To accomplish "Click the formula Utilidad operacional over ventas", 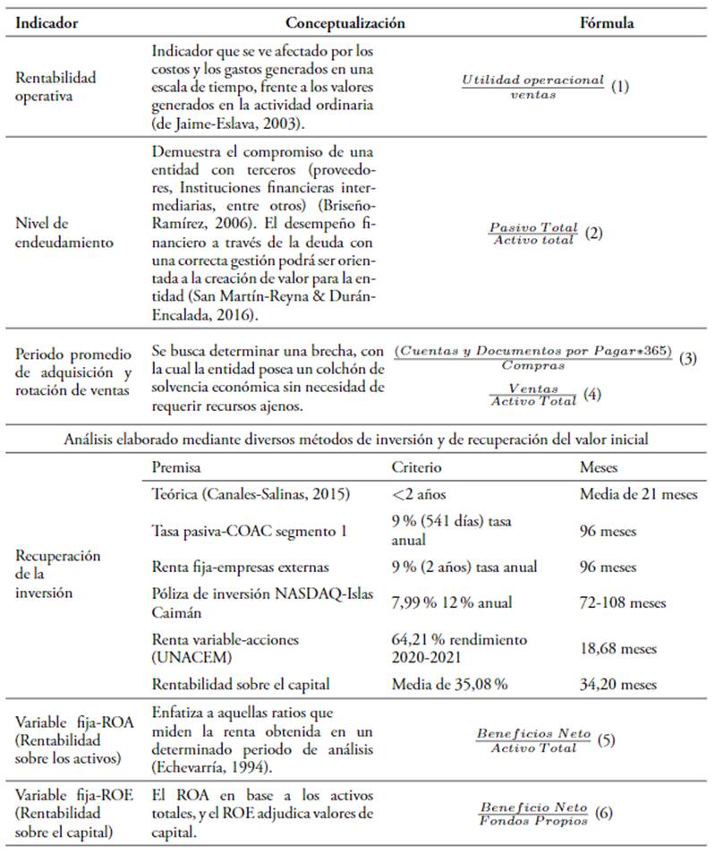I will pyautogui.click(x=532, y=86).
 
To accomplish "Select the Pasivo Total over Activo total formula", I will pyautogui.click(x=533, y=233).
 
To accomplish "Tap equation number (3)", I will pyautogui.click(x=688, y=357).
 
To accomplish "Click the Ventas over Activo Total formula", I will pyautogui.click(x=533, y=395).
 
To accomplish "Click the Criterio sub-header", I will pyautogui.click(x=416, y=467).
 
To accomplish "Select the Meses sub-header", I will pyautogui.click(x=599, y=467).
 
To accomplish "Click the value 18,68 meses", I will pyautogui.click(x=619, y=648).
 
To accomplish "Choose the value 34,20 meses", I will pyautogui.click(x=619, y=684).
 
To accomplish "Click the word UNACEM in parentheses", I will pyautogui.click(x=182, y=655).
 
